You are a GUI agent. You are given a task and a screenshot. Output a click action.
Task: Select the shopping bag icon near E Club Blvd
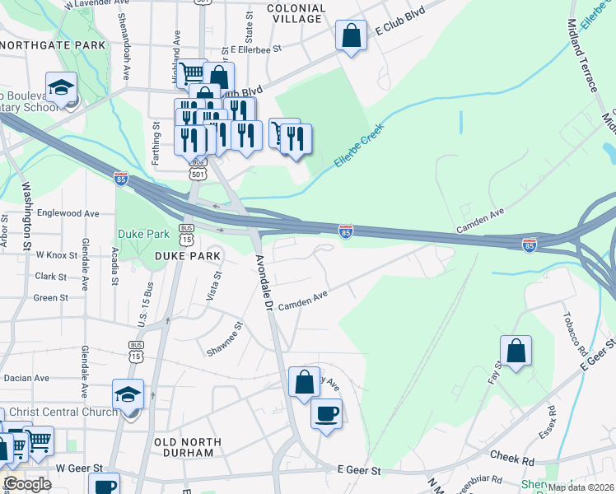tap(351, 36)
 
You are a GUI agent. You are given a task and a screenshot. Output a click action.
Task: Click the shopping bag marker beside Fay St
tap(516, 352)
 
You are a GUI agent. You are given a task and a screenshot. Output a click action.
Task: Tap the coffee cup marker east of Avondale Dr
tap(326, 412)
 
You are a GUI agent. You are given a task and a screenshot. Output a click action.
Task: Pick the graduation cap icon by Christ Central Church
tap(128, 394)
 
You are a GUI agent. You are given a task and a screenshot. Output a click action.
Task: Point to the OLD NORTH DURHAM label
tap(188, 446)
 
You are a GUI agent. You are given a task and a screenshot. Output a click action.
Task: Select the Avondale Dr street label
tap(263, 282)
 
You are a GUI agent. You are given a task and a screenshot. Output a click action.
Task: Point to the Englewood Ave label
tap(68, 213)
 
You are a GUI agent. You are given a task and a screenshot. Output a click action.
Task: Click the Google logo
tap(28, 484)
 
